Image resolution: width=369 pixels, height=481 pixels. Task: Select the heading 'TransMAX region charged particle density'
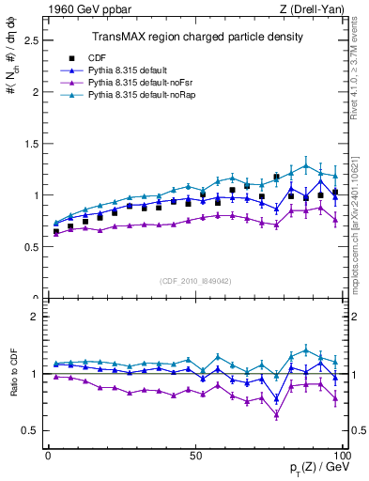point(197,37)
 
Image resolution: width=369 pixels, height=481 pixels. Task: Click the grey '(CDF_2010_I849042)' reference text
point(196,279)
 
